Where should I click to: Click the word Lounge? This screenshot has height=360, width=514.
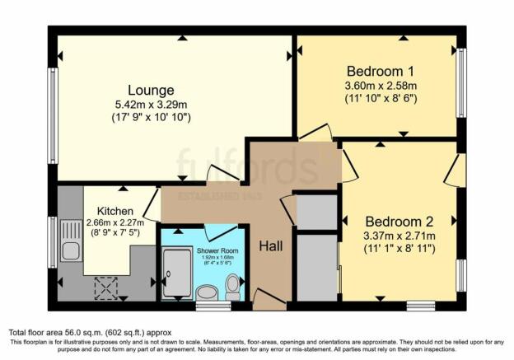[x=150, y=90]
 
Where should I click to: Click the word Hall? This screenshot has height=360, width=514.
[x=271, y=245]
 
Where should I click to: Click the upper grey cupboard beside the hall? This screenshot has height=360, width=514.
[x=316, y=211]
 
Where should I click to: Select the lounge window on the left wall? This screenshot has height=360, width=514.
[x=51, y=115]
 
